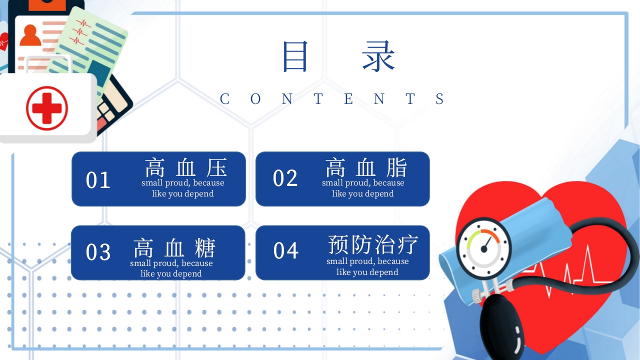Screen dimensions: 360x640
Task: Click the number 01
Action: coord(98,180)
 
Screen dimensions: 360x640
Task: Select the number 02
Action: coord(285,178)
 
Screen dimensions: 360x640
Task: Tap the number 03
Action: coord(98,252)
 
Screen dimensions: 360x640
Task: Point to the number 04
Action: coord(286,250)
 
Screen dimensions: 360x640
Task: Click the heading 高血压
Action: coord(186,167)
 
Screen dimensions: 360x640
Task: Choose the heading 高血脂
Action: coord(366,167)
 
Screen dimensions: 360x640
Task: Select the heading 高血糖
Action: coord(174,248)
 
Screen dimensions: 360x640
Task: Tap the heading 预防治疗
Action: coord(372,244)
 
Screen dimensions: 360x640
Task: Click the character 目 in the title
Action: coord(295,56)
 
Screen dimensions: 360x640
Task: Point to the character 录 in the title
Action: coord(378,56)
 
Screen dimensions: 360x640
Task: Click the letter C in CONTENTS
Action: coord(224,99)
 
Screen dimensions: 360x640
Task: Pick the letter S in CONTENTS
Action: coord(439,99)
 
